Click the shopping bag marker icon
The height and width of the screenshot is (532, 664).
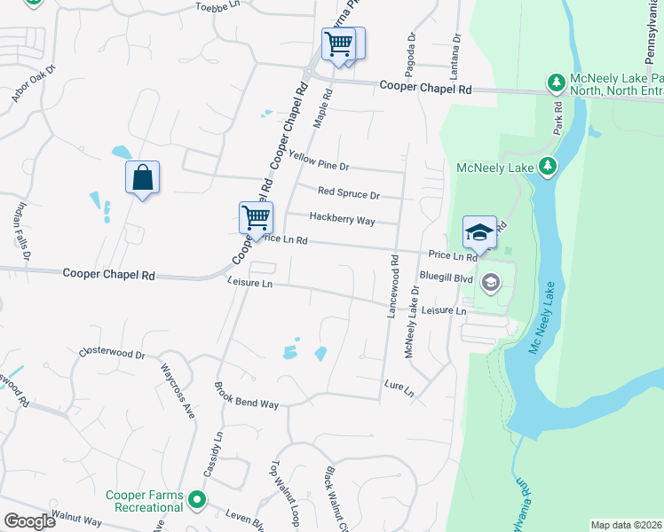[142, 178]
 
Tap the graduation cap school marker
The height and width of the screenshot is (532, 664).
[479, 232]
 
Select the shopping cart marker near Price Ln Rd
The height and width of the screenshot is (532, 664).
[256, 217]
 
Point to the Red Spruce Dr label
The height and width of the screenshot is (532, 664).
[349, 194]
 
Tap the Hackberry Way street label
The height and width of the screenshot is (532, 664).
[342, 219]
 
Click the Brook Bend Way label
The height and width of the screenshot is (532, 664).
[246, 403]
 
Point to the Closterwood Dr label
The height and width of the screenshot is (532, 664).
[111, 353]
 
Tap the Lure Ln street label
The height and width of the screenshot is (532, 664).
[399, 386]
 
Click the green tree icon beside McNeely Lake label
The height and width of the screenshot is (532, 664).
[549, 165]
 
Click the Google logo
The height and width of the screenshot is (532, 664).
[29, 521]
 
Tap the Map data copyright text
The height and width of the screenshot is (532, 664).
[627, 525]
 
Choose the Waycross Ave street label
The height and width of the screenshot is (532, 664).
[176, 388]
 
